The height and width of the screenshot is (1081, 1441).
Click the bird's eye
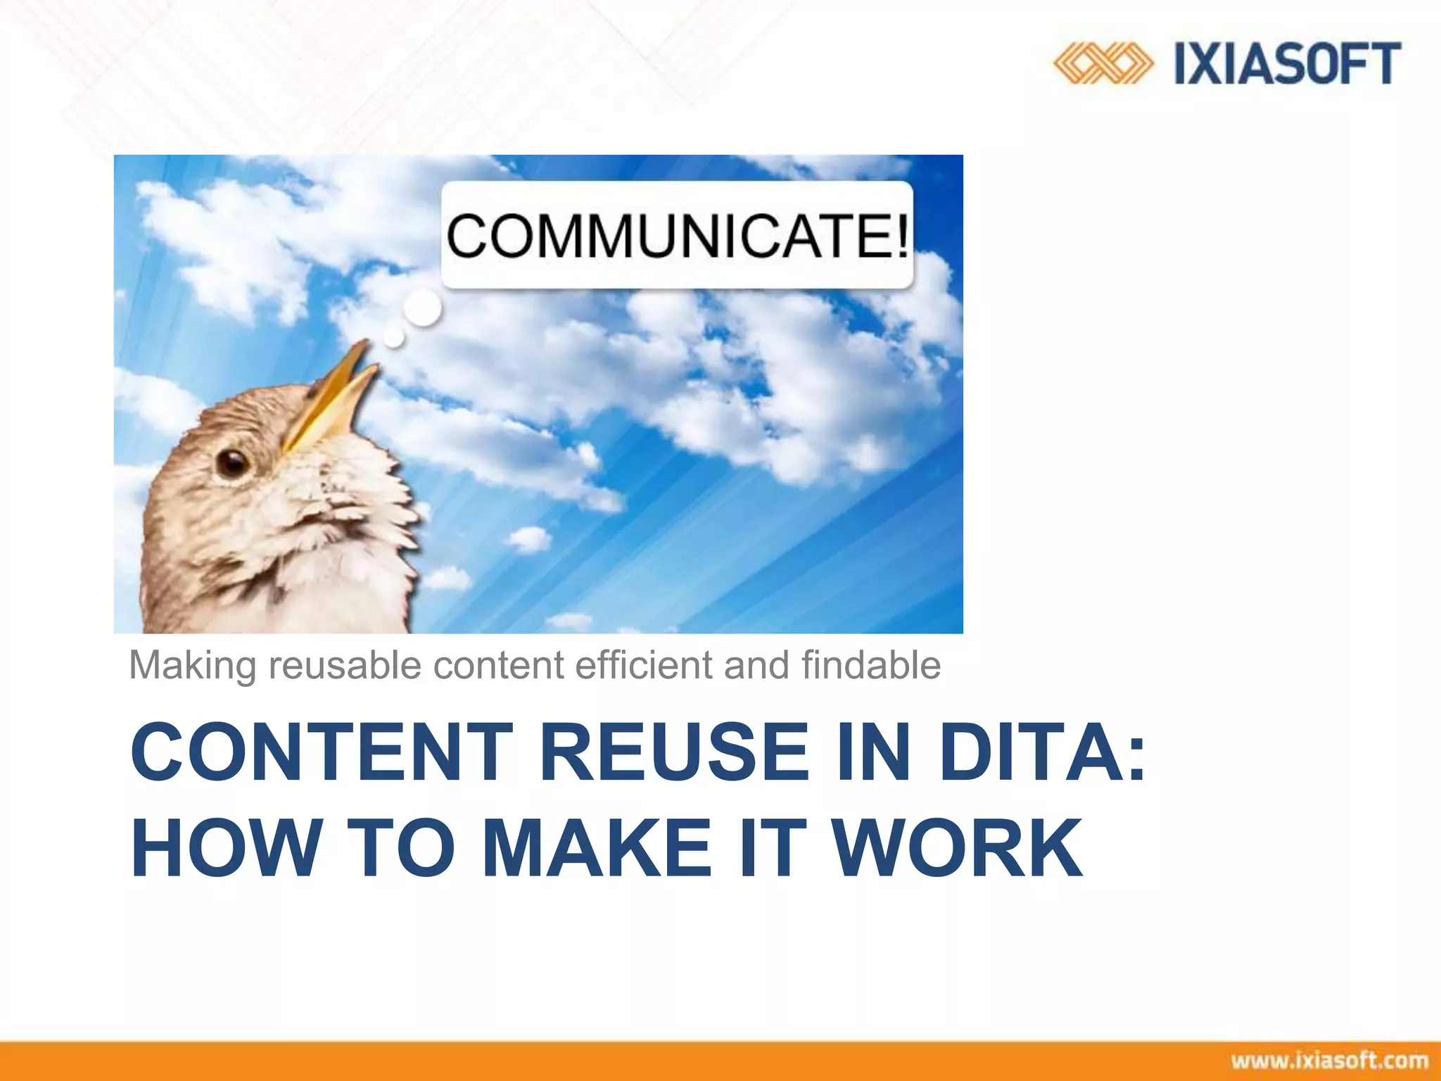[x=233, y=462]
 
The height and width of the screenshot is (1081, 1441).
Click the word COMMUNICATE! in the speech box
[x=677, y=236]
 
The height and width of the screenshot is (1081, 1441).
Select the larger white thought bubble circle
[x=422, y=308]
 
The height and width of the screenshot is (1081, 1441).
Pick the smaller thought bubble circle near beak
[x=394, y=339]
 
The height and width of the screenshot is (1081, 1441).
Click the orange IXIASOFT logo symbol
[x=1103, y=63]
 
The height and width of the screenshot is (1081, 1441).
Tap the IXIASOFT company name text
[x=1288, y=63]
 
